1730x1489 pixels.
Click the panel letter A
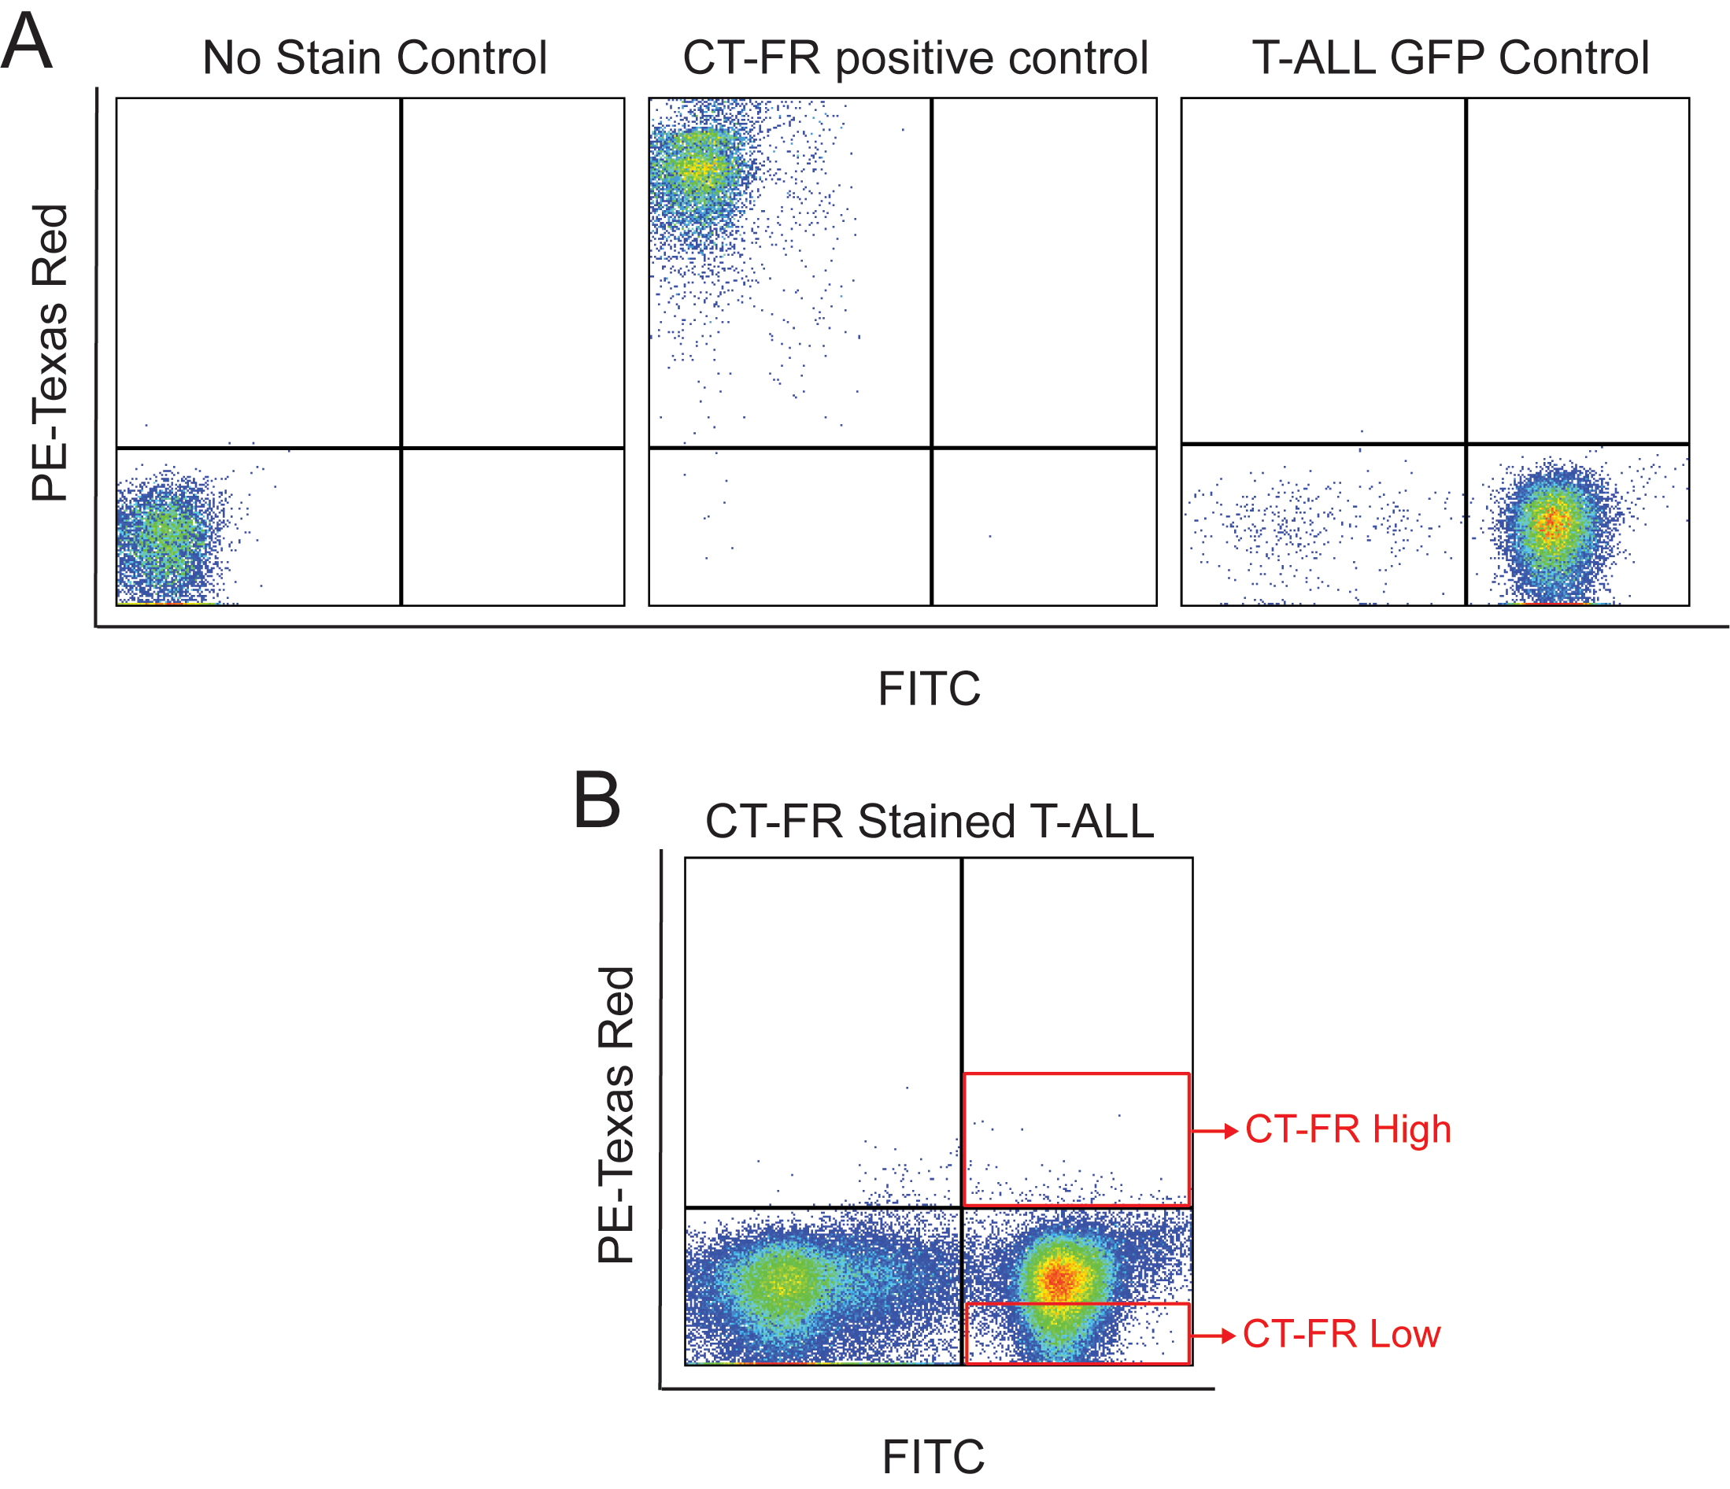[27, 41]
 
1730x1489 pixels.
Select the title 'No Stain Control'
[375, 57]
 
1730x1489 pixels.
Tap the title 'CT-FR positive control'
[915, 58]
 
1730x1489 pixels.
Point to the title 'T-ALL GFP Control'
[1451, 57]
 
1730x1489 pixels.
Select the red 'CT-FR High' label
[1347, 1129]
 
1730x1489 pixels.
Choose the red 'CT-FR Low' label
[1341, 1335]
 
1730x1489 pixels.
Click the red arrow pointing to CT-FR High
[1214, 1131]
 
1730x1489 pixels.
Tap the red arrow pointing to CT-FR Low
[1213, 1336]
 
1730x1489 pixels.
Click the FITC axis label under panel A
[929, 689]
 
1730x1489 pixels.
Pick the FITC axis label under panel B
[933, 1457]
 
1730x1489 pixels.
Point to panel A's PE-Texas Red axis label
[50, 353]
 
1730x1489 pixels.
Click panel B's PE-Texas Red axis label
[616, 1114]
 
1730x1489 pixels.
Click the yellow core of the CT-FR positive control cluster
[698, 169]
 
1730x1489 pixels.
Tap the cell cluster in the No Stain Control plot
[168, 534]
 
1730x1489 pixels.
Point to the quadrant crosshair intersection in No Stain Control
[401, 449]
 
